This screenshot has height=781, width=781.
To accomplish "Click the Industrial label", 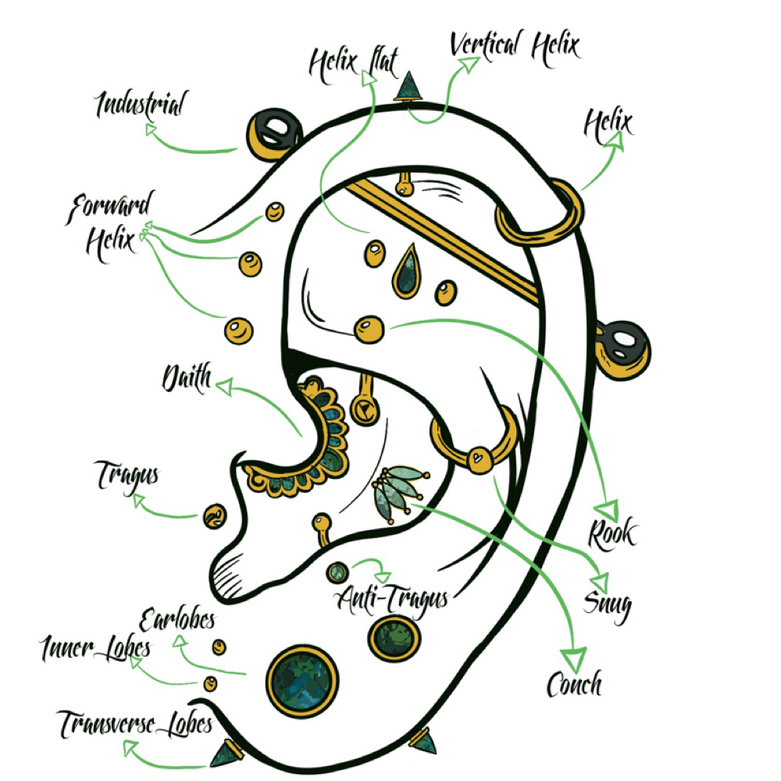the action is pyautogui.click(x=141, y=105).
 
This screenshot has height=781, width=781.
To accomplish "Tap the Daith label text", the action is pyautogui.click(x=187, y=378).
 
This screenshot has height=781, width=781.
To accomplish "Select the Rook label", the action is pyautogui.click(x=612, y=533).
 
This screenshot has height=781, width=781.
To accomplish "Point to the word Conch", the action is pyautogui.click(x=575, y=684).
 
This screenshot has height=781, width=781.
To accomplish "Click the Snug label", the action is pyautogui.click(x=607, y=605).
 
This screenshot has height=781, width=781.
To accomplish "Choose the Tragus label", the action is pyautogui.click(x=127, y=476).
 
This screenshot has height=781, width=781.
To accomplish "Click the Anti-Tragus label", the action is pyautogui.click(x=394, y=598).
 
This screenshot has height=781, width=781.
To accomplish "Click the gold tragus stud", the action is pyautogui.click(x=216, y=516).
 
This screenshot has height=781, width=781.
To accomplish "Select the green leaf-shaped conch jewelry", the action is pyautogui.click(x=399, y=491).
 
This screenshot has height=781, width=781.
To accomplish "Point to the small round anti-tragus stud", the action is pyautogui.click(x=337, y=572).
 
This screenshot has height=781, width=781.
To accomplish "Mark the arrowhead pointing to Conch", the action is pyautogui.click(x=574, y=659).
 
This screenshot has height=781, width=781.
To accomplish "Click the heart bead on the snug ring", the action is pyautogui.click(x=478, y=458).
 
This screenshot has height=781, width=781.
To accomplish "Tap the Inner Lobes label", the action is pyautogui.click(x=95, y=648).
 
